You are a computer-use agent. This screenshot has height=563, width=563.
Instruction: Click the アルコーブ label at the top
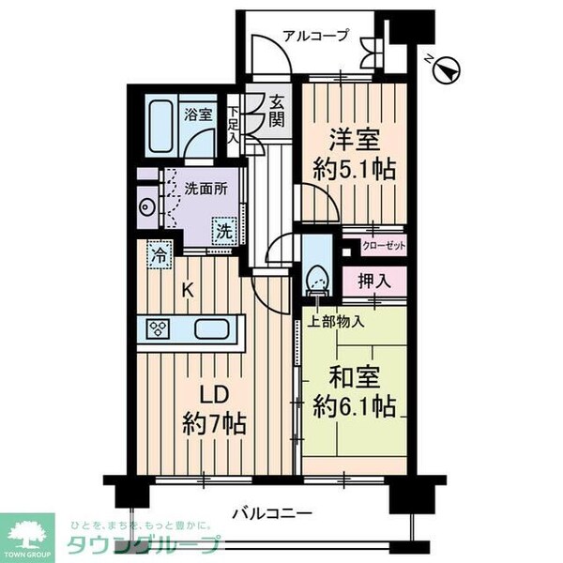point(315,37)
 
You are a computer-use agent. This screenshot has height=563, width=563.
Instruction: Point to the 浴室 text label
point(197,115)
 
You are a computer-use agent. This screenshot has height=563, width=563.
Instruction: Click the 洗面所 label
point(205,188)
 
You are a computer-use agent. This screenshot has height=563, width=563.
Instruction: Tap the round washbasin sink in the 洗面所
point(145,207)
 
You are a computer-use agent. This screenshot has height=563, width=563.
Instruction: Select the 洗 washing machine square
point(224,230)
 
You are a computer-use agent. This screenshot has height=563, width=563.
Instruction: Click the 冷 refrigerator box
point(160,254)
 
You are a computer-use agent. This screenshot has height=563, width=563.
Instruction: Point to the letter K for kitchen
point(188,291)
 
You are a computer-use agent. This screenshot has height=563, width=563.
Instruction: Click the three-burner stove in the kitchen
point(159,329)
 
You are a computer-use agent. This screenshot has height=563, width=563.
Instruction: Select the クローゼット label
point(383,247)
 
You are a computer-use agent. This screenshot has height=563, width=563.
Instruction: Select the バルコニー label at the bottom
point(272,513)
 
